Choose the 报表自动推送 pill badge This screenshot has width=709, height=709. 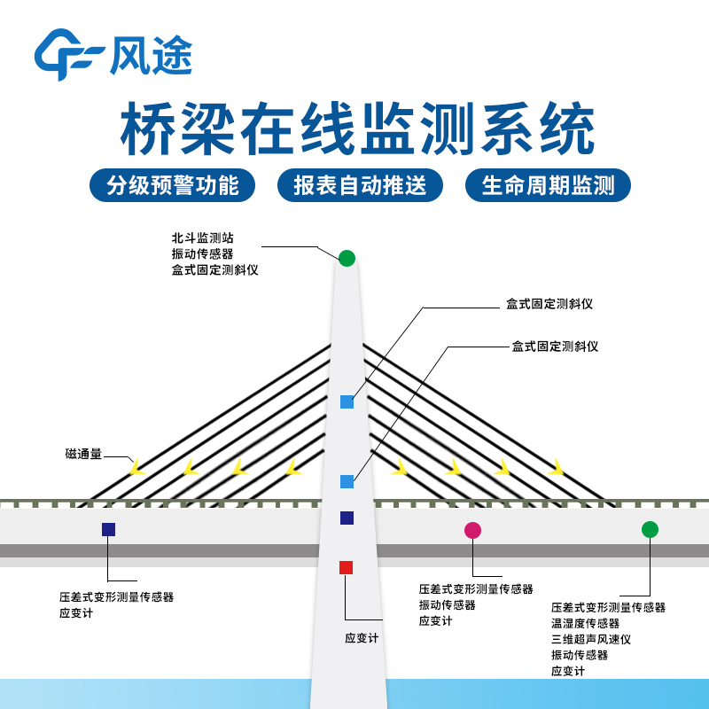360,185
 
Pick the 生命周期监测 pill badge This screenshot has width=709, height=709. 548,185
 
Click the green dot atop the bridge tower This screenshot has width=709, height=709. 347,258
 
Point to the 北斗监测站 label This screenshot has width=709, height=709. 203,238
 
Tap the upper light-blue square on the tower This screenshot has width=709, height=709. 347,401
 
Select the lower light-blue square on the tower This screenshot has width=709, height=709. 347,481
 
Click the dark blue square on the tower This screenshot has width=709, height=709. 347,518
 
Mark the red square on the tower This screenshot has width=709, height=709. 347,567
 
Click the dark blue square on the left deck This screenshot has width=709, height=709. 108,529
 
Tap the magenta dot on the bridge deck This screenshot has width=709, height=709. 472,530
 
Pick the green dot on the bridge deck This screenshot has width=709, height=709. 650,529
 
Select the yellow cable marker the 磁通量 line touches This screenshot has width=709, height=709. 136,466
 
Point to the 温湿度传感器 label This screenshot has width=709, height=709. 585,623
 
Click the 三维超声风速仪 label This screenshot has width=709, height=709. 590,639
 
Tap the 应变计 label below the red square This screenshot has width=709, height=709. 362,637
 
